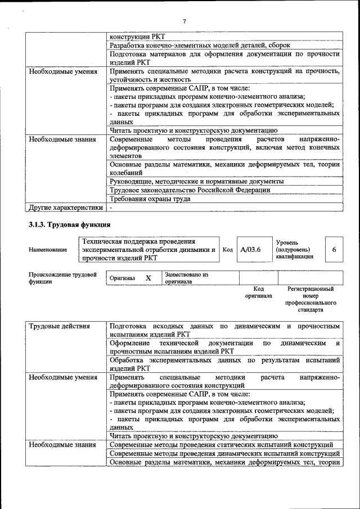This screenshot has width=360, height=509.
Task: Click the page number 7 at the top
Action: [184, 21]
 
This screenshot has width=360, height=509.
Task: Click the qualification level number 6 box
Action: [334, 249]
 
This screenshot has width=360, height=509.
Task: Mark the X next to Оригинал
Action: [148, 278]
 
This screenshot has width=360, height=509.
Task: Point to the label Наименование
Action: [48, 250]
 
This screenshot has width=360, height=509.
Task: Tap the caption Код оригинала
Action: [258, 292]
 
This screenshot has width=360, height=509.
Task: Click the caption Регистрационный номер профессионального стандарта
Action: [310, 299]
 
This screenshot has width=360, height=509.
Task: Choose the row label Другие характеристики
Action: [66, 208]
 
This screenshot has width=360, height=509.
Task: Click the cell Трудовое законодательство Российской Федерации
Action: [190, 190]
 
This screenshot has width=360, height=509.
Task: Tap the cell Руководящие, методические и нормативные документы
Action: [196, 182]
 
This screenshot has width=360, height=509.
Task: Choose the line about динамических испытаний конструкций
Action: [224, 453]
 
